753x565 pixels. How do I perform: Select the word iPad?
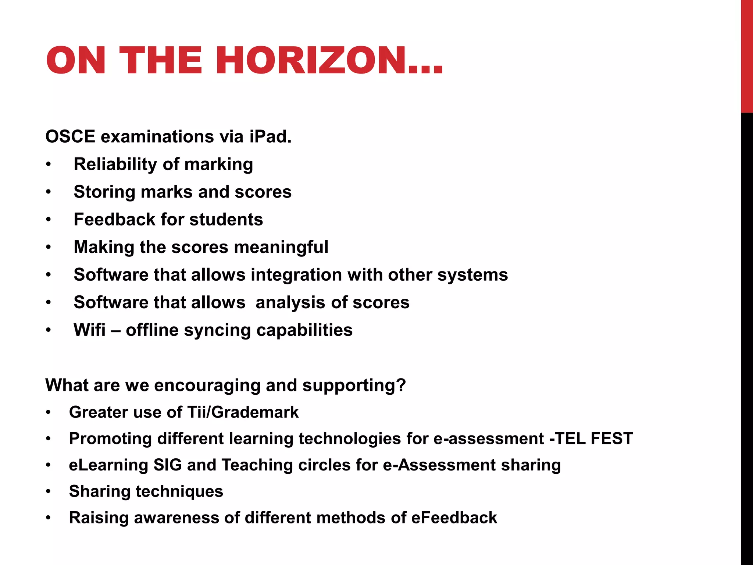click(x=270, y=137)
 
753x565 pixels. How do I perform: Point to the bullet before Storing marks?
click(x=49, y=192)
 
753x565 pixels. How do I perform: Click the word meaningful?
click(x=281, y=247)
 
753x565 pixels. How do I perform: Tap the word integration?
click(x=296, y=275)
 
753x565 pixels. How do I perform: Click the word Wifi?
click(x=89, y=330)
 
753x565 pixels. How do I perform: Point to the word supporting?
click(x=354, y=385)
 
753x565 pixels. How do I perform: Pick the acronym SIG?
click(x=167, y=465)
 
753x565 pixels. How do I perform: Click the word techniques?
click(x=179, y=491)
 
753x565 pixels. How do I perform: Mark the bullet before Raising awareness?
click(x=49, y=518)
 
